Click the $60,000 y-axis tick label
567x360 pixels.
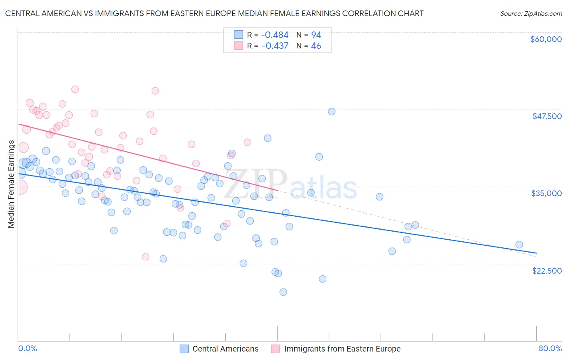546,39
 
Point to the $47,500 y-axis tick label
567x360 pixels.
547,116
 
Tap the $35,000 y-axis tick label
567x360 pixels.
546,193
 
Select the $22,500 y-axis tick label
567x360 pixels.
547,271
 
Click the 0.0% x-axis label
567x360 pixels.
27,348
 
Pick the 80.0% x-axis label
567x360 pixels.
550,348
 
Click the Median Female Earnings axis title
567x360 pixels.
11,184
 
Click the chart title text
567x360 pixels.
214,14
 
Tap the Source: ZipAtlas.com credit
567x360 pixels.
531,14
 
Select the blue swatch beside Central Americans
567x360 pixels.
184,349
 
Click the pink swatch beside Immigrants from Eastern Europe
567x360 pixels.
276,349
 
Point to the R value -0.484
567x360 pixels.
275,35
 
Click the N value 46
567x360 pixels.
316,46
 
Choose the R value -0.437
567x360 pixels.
275,46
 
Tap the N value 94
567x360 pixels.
316,35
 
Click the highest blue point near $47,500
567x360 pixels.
331,111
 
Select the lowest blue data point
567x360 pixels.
283,292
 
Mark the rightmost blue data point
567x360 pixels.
519,245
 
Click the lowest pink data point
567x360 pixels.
146,257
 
